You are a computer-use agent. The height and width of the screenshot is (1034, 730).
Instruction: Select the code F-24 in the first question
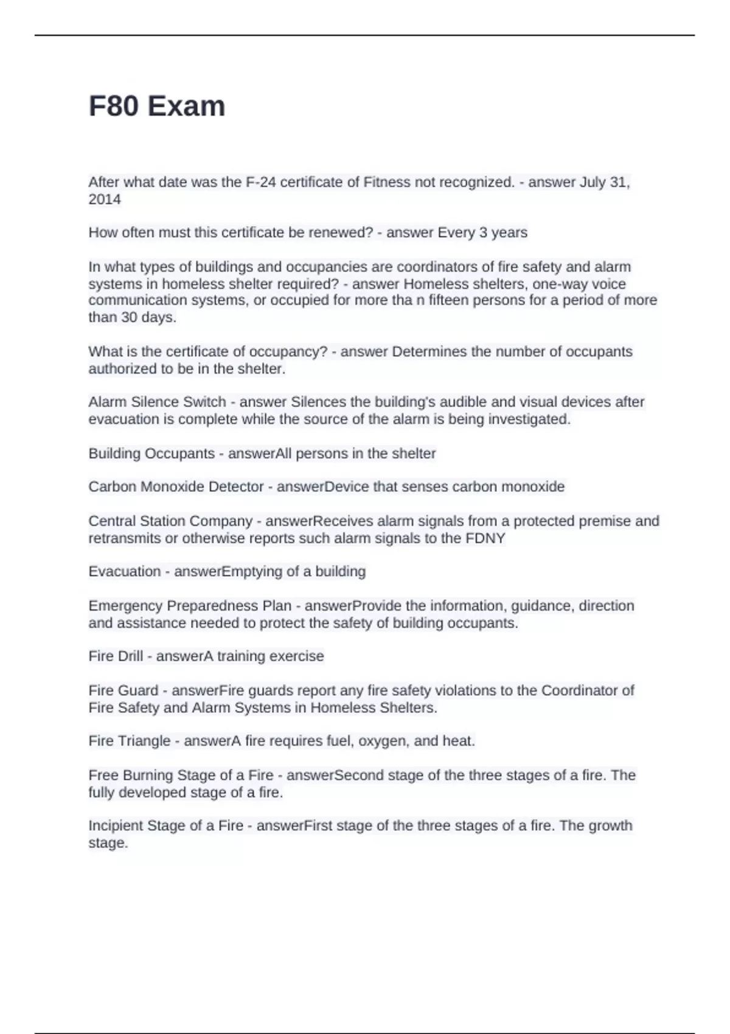[258, 182]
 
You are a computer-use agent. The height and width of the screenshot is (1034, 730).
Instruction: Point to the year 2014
[105, 199]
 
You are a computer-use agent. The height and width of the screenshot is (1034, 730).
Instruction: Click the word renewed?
[344, 232]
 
